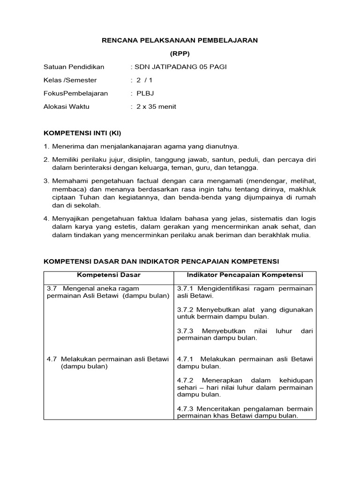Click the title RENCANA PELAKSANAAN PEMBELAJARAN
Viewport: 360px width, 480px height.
click(x=180, y=41)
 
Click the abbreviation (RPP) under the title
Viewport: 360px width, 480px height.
click(x=180, y=54)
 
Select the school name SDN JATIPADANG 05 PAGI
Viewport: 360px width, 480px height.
click(x=180, y=67)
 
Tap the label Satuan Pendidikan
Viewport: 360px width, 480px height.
click(x=74, y=67)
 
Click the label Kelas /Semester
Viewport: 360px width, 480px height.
click(x=70, y=80)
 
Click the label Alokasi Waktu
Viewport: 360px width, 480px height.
click(x=67, y=106)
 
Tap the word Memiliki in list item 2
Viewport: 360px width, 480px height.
click(x=66, y=160)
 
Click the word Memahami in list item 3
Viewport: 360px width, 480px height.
click(x=68, y=180)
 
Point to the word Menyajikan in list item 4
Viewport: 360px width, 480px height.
click(x=68, y=218)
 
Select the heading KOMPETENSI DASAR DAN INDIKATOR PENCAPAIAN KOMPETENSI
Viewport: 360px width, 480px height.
click(x=161, y=261)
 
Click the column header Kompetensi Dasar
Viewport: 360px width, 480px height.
click(x=109, y=275)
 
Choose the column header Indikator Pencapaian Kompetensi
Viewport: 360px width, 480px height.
click(x=245, y=275)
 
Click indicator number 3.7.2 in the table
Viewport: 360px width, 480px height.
click(x=185, y=310)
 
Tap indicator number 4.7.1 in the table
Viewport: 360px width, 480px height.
click(x=185, y=359)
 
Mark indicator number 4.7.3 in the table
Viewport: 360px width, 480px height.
click(x=185, y=409)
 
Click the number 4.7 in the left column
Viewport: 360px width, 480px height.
click(x=52, y=359)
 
